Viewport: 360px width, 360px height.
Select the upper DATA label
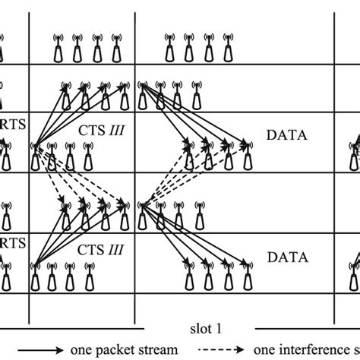point(287,134)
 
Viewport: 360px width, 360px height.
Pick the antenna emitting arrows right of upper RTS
point(35,156)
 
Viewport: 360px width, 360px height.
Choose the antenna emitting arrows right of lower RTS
point(35,276)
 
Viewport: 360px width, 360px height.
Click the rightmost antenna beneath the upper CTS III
point(90,159)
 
